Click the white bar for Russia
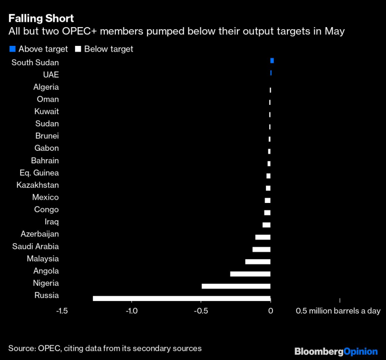pos(182,298)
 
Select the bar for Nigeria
pos(236,286)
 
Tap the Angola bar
pos(250,274)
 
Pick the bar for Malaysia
pos(258,261)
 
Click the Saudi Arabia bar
pos(261,249)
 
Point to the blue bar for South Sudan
pos(272,61)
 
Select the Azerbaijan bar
pos(263,237)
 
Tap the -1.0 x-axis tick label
pos(131,311)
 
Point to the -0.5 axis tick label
pos(201,311)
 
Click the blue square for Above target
pos(13,49)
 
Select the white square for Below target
pos(78,49)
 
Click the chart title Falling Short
pos(41,18)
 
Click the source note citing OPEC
pos(105,348)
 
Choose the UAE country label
pos(51,75)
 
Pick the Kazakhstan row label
pos(38,185)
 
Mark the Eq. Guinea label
pos(39,173)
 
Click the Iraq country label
pos(52,222)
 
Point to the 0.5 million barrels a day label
pos(338,311)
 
